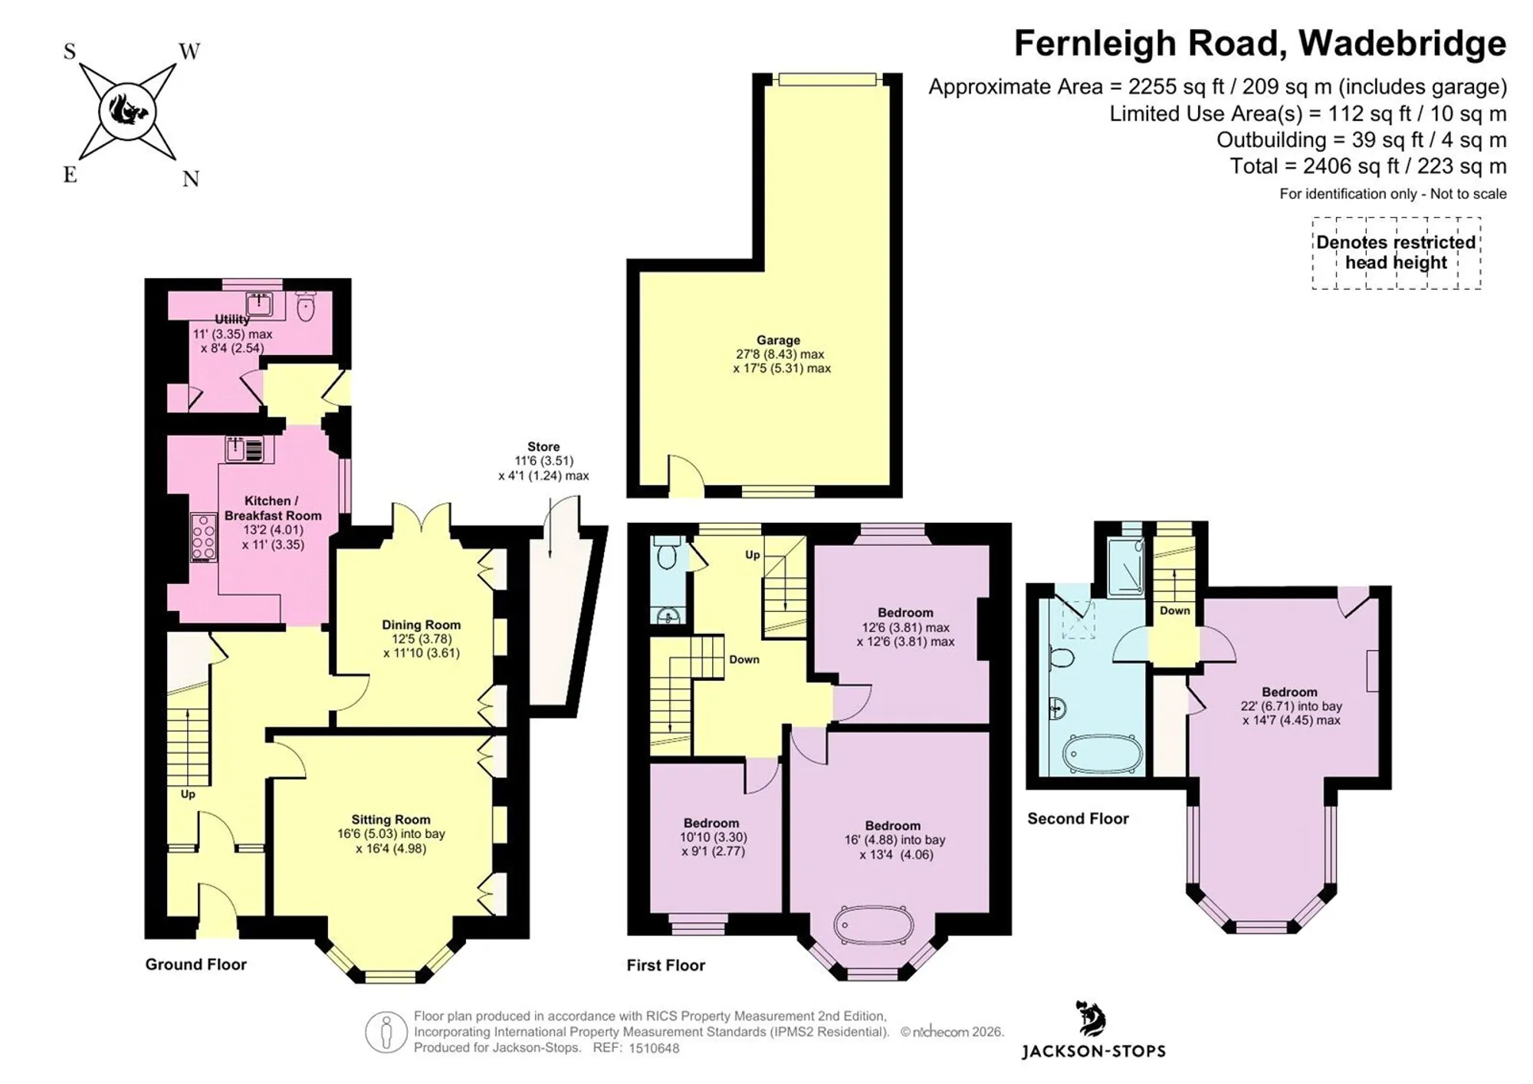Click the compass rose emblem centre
click(x=127, y=113)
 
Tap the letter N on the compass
click(x=191, y=179)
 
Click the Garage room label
click(x=778, y=340)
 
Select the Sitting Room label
click(x=391, y=820)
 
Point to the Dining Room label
click(x=422, y=625)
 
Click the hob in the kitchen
click(x=204, y=537)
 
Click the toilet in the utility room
click(x=306, y=306)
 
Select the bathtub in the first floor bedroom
click(x=874, y=925)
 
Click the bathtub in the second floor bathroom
click(x=1102, y=754)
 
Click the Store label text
click(x=543, y=447)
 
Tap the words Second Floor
click(x=1078, y=819)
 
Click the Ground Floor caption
click(x=196, y=964)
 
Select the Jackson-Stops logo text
click(x=1093, y=1051)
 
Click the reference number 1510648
click(x=654, y=1048)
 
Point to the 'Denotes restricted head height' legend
click(x=1396, y=252)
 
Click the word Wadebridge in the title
click(x=1402, y=43)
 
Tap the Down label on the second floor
click(x=1174, y=611)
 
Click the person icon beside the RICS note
click(x=386, y=1032)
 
